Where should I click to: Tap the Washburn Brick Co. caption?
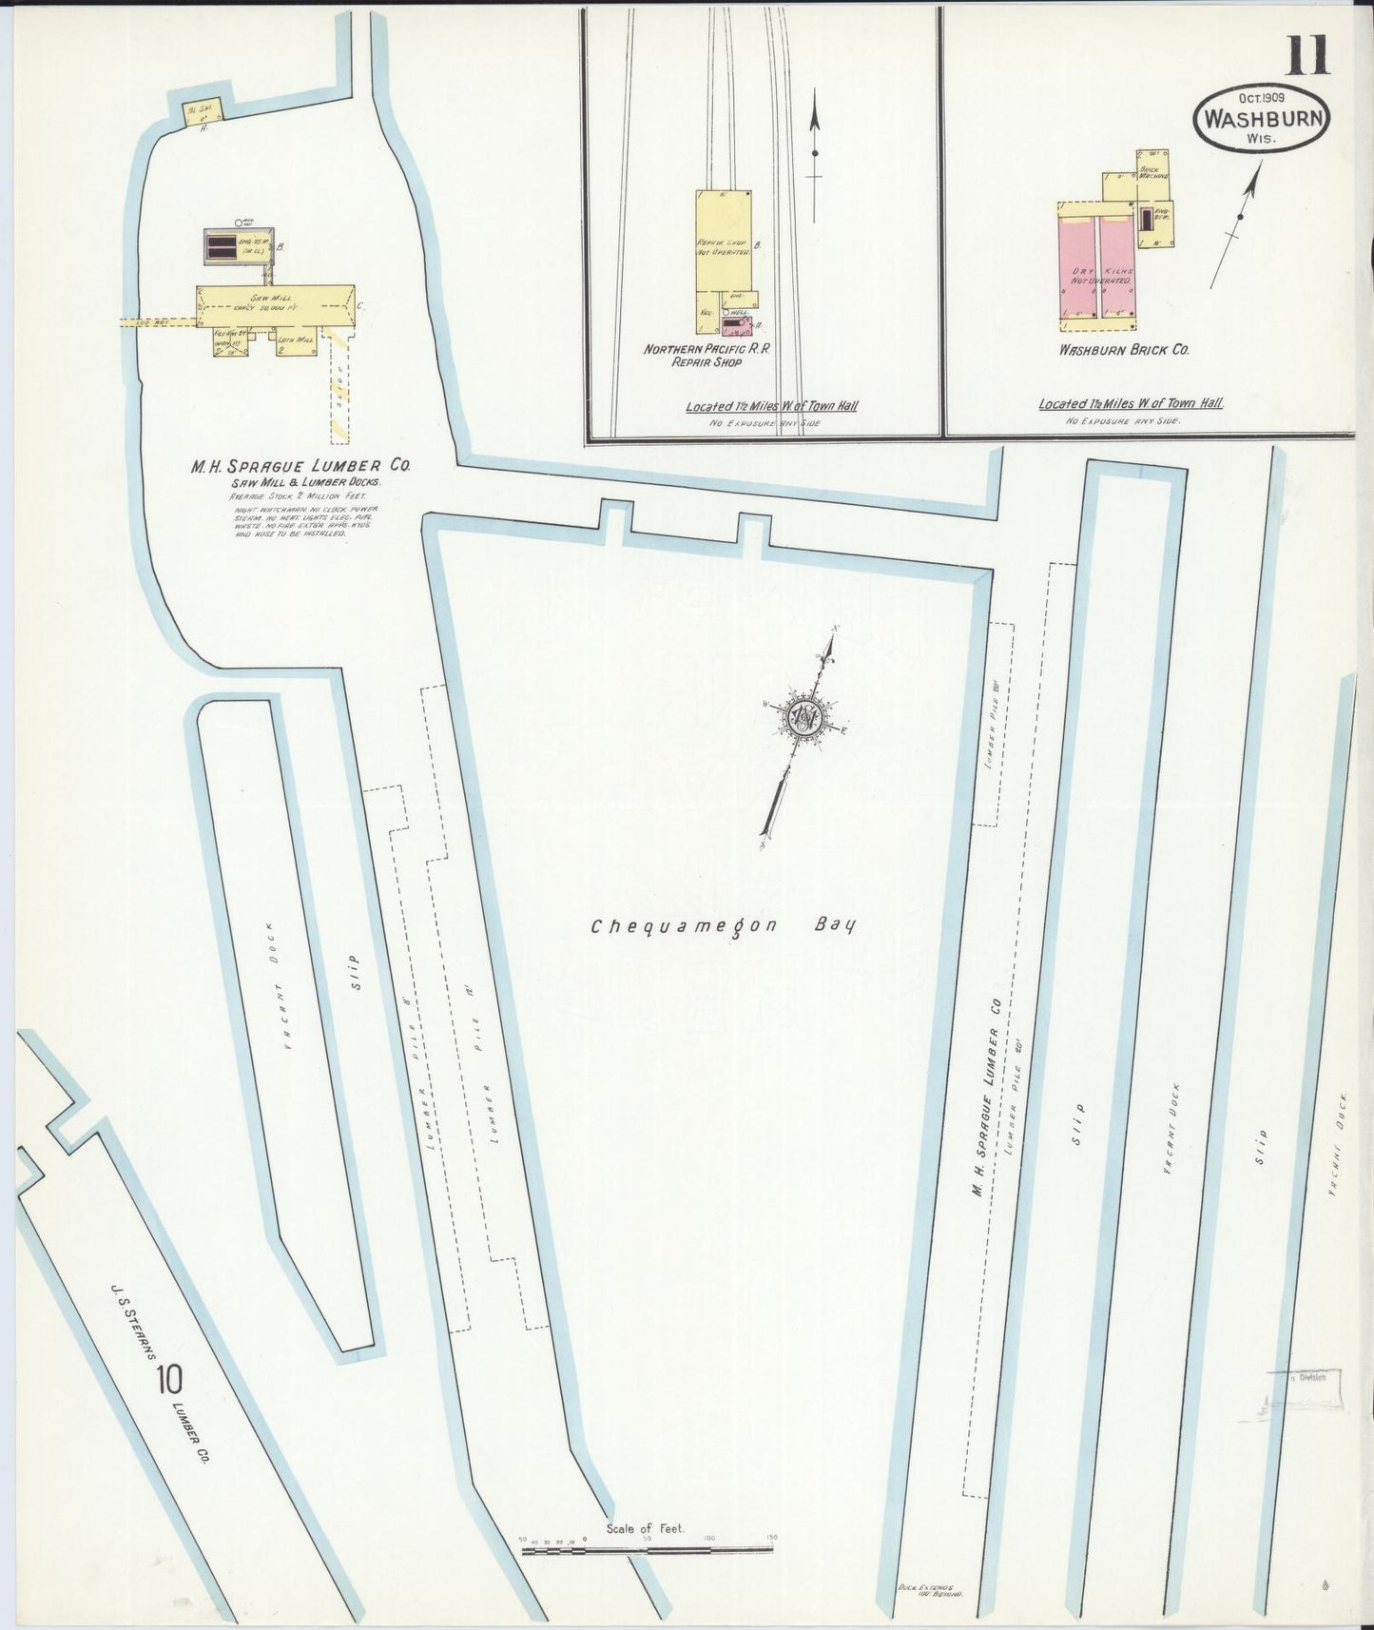click(x=1125, y=349)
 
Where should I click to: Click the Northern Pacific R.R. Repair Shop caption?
click(x=706, y=355)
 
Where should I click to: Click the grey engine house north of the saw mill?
click(x=238, y=248)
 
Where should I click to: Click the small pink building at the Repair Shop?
click(x=732, y=327)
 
